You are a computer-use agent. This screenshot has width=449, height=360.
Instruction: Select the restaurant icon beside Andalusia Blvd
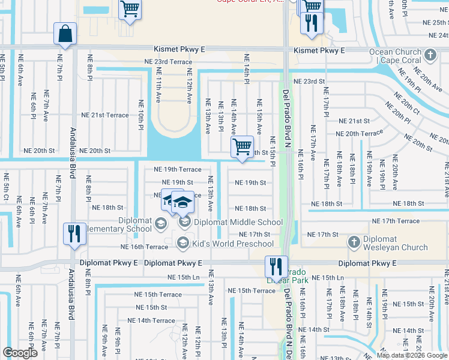click(x=74, y=234)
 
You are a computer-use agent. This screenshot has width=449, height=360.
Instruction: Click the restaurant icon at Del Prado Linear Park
click(x=276, y=266)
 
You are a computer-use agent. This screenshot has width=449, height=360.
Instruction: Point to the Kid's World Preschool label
click(x=233, y=244)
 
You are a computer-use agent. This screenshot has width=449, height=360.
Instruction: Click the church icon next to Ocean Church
click(x=429, y=56)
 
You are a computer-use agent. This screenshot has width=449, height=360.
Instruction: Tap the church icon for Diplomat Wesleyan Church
click(x=354, y=242)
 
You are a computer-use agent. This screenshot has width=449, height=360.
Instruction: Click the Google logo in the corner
click(x=20, y=353)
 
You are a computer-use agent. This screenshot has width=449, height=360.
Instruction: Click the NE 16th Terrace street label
click(x=144, y=247)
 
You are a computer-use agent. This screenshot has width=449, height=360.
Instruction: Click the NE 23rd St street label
click(x=309, y=81)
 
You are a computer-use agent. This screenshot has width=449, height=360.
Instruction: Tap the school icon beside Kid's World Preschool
click(x=184, y=243)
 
